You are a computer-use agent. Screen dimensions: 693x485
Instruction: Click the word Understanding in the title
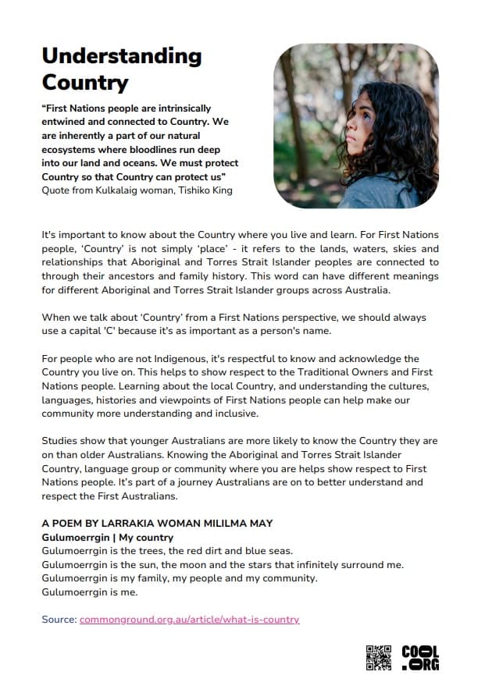pos(121,56)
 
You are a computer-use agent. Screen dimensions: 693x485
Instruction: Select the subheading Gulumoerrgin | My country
pos(108,538)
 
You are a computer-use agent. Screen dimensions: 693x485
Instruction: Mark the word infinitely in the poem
pos(307,565)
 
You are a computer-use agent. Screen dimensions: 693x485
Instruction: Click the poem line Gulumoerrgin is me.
pos(90,592)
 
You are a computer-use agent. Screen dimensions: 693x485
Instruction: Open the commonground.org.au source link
pos(189,620)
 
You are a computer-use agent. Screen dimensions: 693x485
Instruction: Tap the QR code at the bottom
pos(378,657)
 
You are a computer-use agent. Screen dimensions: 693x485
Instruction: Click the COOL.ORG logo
pos(420,658)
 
